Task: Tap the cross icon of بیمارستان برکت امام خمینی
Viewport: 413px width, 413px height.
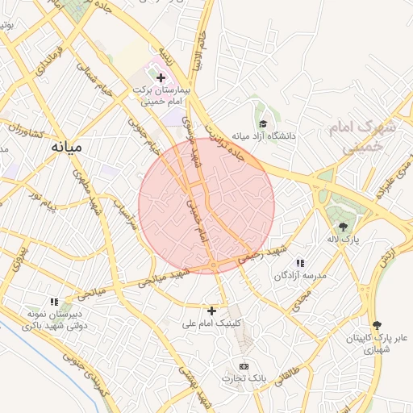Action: [x=161, y=78]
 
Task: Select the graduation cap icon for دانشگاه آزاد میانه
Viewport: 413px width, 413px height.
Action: [x=264, y=123]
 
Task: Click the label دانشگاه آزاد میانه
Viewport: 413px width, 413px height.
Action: [x=264, y=136]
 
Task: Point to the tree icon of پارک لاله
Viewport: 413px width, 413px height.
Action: [x=344, y=227]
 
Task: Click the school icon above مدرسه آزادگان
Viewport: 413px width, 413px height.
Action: [x=300, y=263]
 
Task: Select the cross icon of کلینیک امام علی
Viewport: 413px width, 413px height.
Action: [x=212, y=311]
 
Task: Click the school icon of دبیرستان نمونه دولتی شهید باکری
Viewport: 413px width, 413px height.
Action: [x=55, y=302]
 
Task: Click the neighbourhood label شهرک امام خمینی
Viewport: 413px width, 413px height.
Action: [x=364, y=138]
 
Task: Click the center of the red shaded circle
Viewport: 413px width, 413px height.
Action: [x=206, y=206]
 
